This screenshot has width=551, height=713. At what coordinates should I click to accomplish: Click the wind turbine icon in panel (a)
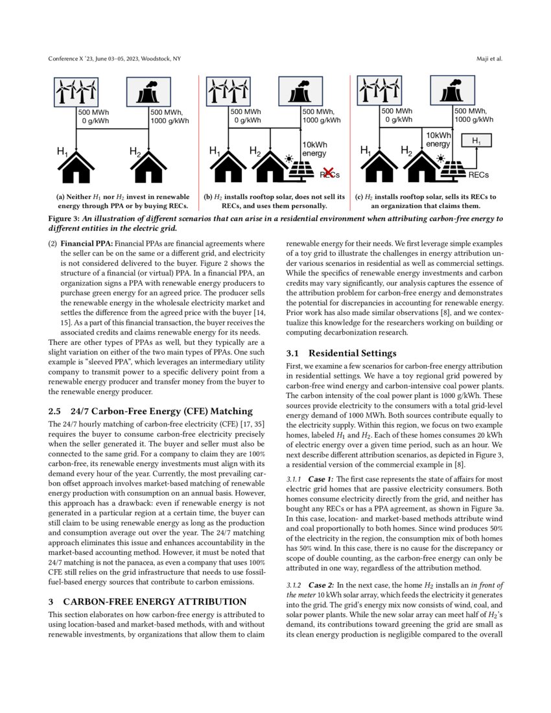[77, 91]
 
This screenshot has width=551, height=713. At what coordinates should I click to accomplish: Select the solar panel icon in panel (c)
[453, 169]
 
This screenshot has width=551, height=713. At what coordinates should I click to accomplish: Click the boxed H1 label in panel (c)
[476, 141]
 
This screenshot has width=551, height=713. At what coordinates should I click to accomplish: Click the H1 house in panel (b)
[227, 169]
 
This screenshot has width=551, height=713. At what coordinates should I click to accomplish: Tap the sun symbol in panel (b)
[290, 158]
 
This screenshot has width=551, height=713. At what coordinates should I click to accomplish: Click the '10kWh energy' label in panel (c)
[438, 139]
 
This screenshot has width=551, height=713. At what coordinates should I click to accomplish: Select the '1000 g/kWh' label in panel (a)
[170, 121]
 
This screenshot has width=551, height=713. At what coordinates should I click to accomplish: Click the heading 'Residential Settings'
[352, 353]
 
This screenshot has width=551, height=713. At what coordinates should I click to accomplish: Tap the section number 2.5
[55, 411]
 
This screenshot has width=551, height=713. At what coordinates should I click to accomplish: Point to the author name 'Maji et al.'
[489, 59]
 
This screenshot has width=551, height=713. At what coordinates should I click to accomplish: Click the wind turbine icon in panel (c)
[380, 91]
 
